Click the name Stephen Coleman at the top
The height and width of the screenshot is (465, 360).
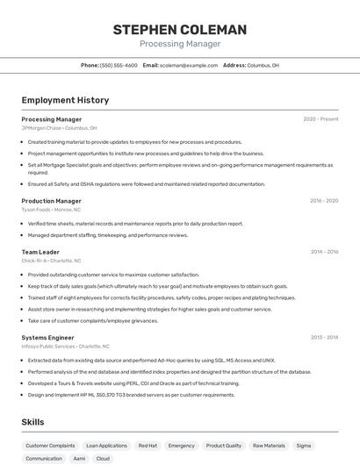coord(180,30)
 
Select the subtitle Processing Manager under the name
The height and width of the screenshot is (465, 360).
coord(180,44)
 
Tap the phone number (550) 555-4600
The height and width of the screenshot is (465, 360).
coord(119,65)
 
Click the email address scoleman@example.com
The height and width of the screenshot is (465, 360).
coord(189,65)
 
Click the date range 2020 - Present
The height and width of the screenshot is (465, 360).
coord(320,119)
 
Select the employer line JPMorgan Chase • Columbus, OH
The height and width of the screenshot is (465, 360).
coord(59,128)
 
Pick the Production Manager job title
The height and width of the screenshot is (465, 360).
coord(51,201)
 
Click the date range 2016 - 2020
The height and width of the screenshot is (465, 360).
coord(324,201)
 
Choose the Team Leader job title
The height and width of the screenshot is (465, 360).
coord(40,252)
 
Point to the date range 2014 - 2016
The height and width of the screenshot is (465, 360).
coord(324,252)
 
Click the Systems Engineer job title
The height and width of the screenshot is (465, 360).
coord(47,337)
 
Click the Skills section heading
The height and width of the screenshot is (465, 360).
coord(32,422)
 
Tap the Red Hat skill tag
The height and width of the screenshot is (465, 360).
coord(148,446)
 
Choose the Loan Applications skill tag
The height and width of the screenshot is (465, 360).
coord(106,446)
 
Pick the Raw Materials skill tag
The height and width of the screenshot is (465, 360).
coord(269,446)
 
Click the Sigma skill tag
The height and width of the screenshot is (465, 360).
coord(304,446)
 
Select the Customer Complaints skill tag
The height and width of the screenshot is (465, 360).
coord(50,446)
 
